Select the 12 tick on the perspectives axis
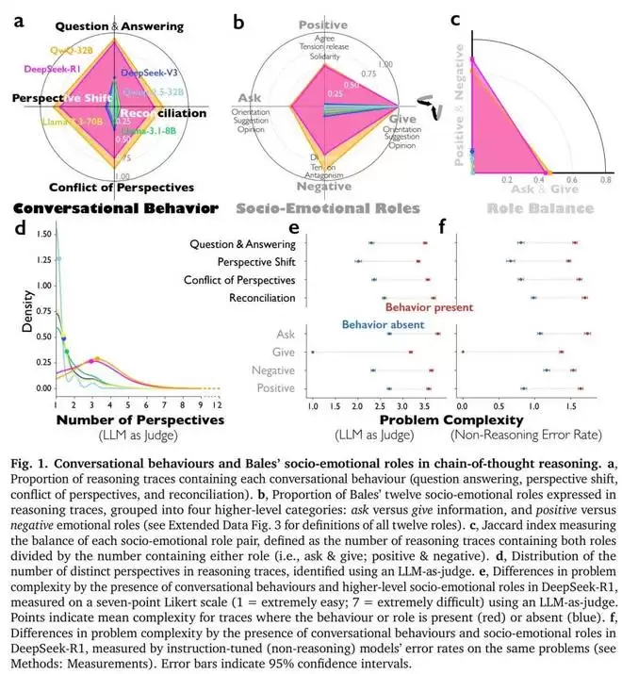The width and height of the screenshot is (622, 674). [217, 403]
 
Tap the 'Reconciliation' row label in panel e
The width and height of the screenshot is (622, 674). [261, 298]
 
